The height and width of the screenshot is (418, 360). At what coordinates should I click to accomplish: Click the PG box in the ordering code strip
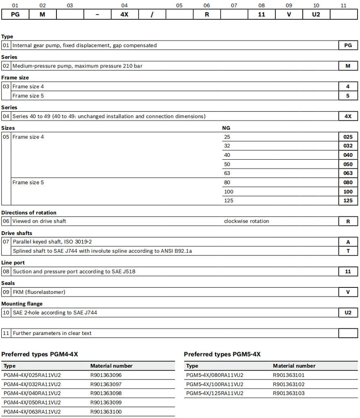[15, 14]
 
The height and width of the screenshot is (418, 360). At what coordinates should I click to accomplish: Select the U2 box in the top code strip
[316, 14]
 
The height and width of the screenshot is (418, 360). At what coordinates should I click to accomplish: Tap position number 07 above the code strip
[234, 6]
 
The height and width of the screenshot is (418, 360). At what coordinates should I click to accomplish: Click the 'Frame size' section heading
[15, 77]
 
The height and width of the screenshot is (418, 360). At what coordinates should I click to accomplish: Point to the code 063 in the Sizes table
[348, 173]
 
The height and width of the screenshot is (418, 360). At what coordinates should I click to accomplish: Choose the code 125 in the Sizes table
[348, 201]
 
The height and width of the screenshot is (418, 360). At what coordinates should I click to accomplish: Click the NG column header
[226, 128]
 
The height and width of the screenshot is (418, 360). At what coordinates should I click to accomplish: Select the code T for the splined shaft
[348, 251]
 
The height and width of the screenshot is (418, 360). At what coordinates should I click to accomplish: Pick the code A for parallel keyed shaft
[348, 242]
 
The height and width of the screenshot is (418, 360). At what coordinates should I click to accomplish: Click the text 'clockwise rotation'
[246, 221]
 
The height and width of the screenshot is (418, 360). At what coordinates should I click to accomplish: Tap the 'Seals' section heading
[8, 283]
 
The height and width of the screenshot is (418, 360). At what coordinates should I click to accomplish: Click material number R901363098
[106, 393]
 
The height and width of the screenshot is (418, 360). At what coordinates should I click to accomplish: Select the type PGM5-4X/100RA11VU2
[214, 384]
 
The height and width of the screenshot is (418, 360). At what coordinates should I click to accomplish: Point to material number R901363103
[288, 393]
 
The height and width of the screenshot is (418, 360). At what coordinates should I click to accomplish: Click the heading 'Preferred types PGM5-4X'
[222, 354]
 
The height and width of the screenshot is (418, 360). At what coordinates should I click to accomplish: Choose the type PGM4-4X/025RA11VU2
[32, 375]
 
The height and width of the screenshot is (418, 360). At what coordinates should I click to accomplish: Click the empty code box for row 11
[348, 333]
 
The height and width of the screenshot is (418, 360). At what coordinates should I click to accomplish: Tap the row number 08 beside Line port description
[6, 271]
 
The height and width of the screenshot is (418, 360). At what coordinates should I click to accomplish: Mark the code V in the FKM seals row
[348, 292]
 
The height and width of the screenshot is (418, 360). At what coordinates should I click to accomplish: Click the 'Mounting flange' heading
[22, 304]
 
